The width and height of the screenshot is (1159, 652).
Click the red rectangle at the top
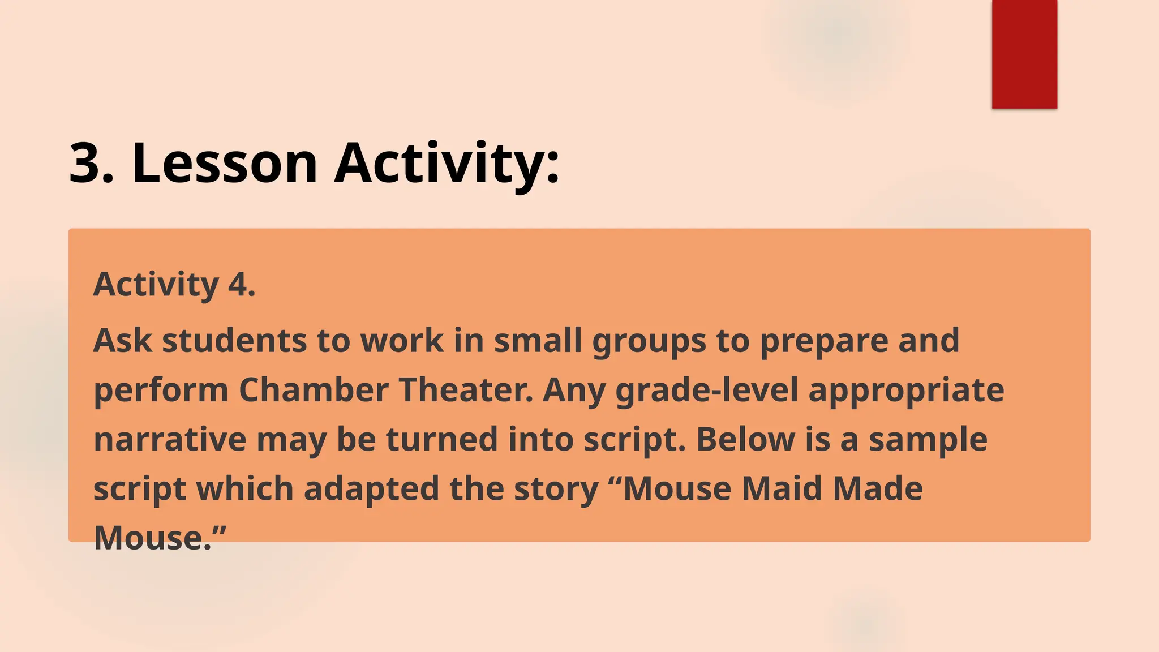[x=1024, y=54]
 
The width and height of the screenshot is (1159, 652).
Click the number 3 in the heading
[x=91, y=164]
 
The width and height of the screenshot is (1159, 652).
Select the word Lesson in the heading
[x=225, y=164]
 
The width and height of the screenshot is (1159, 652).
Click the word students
[x=234, y=341]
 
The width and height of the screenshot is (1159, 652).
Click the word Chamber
[x=314, y=391]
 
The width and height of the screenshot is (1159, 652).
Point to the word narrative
[x=170, y=440]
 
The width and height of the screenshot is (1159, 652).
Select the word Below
[x=745, y=440]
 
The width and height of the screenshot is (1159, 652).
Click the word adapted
[x=371, y=490]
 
